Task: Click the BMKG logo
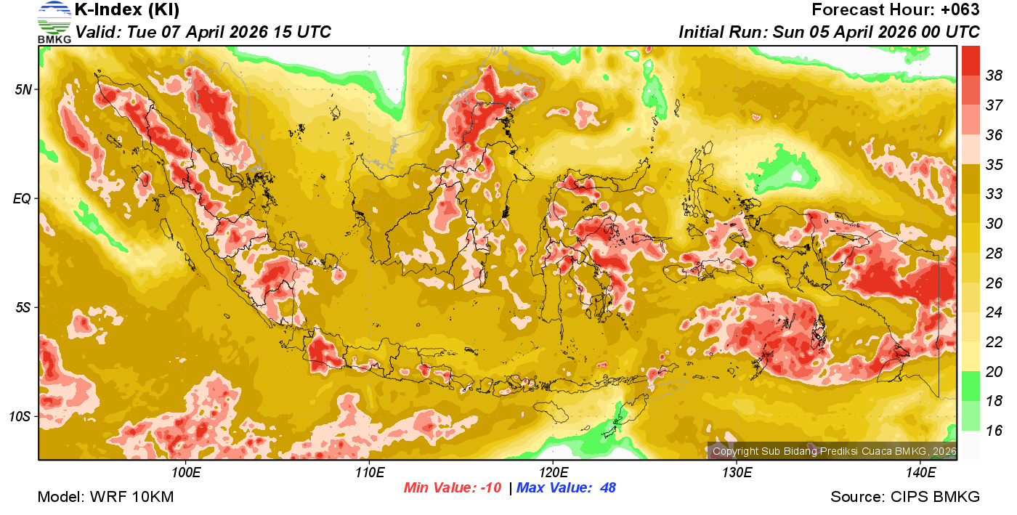pos(54,22)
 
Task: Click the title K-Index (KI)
pos(127,11)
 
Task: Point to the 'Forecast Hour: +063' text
pos(896,11)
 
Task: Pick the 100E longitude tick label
pos(186,473)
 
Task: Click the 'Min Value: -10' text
pos(453,487)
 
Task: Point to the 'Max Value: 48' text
pos(566,487)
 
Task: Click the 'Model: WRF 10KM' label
pos(105,497)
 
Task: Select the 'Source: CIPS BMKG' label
pos(905,497)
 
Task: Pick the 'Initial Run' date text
pos(829,33)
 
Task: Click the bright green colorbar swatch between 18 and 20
pos(971,386)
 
